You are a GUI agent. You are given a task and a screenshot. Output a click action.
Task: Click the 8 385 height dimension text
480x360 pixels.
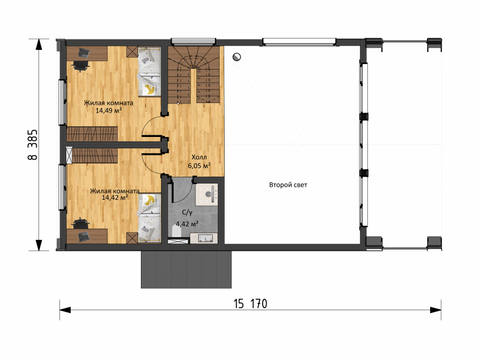32,144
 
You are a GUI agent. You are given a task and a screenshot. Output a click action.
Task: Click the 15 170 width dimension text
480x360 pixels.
250,304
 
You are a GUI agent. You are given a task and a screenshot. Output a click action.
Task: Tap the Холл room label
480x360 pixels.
199,157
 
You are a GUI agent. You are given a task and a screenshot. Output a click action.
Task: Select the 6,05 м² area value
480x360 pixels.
199,166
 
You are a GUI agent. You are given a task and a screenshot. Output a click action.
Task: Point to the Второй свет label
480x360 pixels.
288,185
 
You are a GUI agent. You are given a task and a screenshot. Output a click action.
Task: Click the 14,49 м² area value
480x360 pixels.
109,110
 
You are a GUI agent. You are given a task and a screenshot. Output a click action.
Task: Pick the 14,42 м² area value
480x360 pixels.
115,198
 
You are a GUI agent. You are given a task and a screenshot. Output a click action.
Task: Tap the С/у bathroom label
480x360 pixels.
187,212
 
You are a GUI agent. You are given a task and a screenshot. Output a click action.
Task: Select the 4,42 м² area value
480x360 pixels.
187,224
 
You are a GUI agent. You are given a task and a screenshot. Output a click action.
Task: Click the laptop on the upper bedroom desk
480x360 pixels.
84,53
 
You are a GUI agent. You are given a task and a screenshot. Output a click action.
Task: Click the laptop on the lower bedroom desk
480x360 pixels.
84,235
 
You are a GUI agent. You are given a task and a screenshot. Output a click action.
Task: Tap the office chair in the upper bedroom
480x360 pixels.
80,65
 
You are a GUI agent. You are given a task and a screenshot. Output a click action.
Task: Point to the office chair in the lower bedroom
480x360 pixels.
80,224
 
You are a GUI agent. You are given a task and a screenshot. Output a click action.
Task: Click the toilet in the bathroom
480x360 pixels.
177,231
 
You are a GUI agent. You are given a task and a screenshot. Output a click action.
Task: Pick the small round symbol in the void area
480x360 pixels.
237,57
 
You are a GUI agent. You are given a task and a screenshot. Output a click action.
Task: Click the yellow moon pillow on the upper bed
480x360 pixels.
150,89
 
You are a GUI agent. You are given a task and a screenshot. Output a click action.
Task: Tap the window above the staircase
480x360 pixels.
193,41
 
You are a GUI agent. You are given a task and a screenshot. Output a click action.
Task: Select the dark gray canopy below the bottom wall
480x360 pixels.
186,269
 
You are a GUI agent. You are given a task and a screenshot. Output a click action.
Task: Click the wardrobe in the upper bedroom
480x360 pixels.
92,134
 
